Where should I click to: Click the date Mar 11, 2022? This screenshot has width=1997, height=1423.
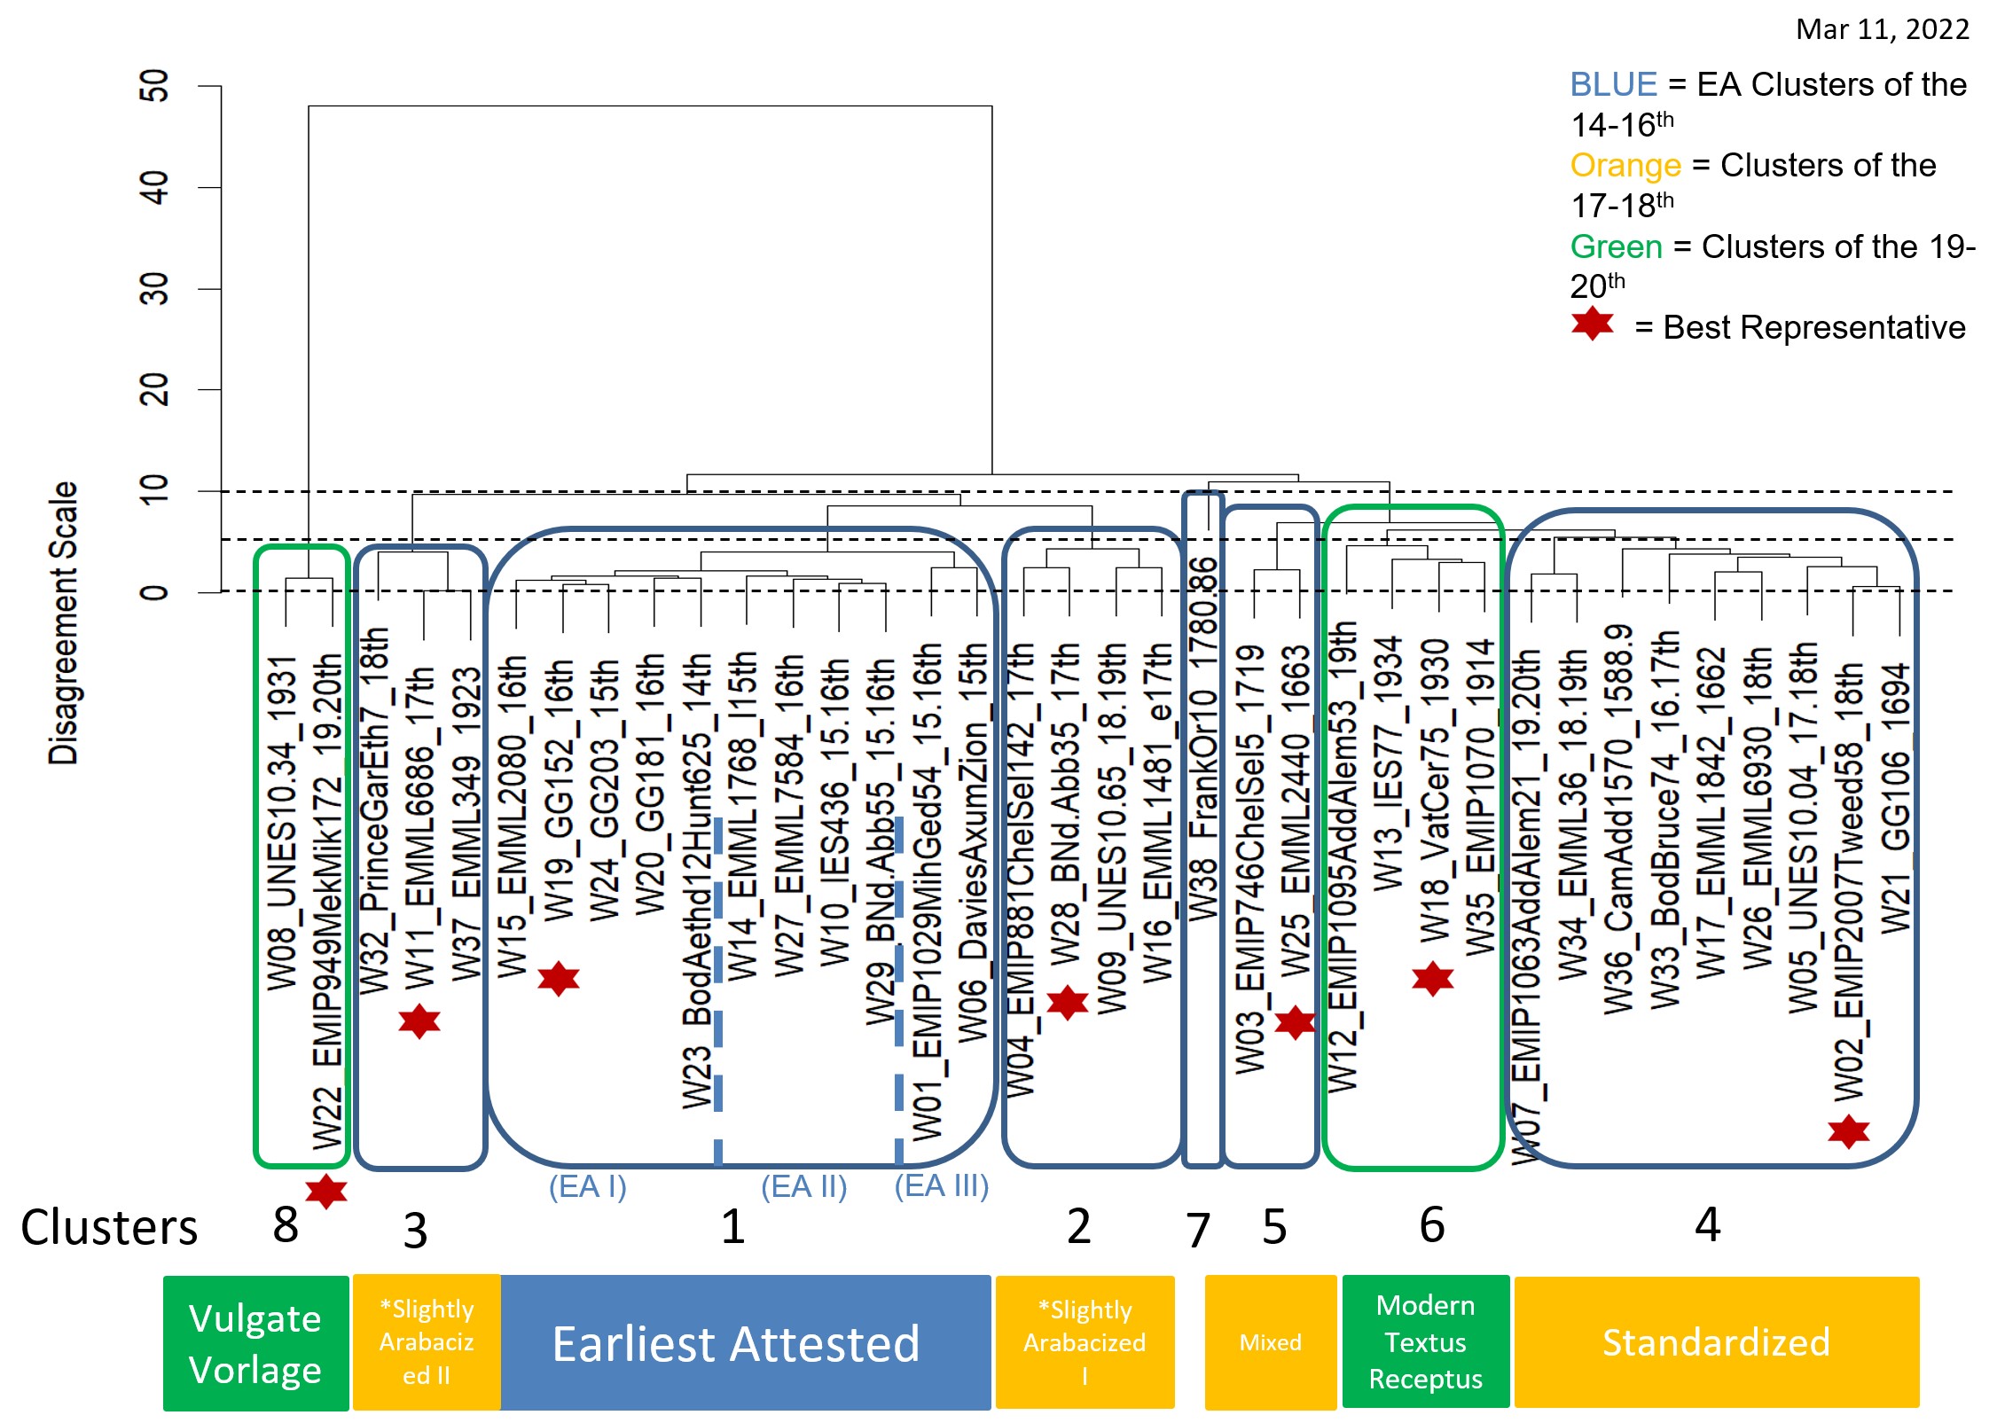[x=1882, y=30]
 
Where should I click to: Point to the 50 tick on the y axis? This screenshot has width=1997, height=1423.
[x=154, y=86]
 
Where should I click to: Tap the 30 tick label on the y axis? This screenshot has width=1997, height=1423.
[x=154, y=289]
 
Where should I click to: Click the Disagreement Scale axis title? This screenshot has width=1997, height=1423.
[x=64, y=622]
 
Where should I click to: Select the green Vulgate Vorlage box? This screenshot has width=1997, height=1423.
[x=255, y=1343]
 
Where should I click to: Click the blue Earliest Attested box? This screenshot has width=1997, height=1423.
[x=736, y=1343]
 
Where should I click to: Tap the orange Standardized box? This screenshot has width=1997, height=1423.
[x=1716, y=1342]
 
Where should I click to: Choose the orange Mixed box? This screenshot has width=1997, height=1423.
[x=1270, y=1342]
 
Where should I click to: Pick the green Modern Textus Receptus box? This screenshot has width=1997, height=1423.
[x=1425, y=1342]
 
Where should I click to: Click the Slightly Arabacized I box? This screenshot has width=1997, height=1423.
[x=1085, y=1342]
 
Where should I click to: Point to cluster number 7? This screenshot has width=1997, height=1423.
[x=1198, y=1231]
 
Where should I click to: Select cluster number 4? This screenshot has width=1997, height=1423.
[x=1708, y=1225]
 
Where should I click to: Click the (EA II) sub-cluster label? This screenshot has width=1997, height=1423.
[x=803, y=1186]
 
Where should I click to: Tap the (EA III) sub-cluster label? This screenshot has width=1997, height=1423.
[x=941, y=1186]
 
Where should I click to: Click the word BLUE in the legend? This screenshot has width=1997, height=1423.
[x=1613, y=84]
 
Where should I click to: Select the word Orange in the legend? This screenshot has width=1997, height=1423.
[x=1625, y=166]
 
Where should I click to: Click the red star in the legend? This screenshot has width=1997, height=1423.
[x=1593, y=324]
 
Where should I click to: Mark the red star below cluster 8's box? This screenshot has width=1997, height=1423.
[x=326, y=1192]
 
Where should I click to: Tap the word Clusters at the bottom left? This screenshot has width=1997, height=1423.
[x=109, y=1228]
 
